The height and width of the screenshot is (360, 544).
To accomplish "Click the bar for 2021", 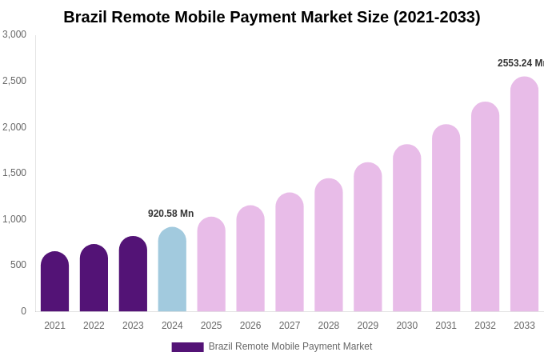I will [x=54, y=282].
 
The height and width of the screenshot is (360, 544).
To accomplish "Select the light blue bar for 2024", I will [x=172, y=270].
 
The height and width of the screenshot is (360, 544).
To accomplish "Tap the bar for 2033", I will [x=524, y=194].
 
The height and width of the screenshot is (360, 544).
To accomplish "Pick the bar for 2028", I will [x=328, y=245].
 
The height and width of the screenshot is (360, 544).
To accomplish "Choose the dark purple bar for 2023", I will [x=133, y=274].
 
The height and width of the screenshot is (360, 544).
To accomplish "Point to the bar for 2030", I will [x=406, y=228].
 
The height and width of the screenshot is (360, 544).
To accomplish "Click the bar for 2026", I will [x=250, y=258].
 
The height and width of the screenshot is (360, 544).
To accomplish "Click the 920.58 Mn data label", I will [x=170, y=214].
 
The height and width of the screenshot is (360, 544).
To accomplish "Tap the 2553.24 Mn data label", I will [x=520, y=63].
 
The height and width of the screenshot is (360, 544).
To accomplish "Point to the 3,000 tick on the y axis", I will [x=14, y=34].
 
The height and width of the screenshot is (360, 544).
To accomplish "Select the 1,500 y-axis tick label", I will [x=14, y=173].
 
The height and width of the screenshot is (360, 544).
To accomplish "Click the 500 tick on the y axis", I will [x=18, y=265].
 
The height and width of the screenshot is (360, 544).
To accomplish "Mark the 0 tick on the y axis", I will [x=23, y=311].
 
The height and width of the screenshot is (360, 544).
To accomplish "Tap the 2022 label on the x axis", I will [x=94, y=326].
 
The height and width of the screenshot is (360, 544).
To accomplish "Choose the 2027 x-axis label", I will [x=290, y=326].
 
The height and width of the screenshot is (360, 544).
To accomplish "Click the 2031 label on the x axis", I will [x=446, y=326].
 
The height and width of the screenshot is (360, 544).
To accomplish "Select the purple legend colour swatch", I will [x=187, y=347].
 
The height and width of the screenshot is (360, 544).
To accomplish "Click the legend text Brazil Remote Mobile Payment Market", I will [x=290, y=346].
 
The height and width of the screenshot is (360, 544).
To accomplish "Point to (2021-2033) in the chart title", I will [x=436, y=17].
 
